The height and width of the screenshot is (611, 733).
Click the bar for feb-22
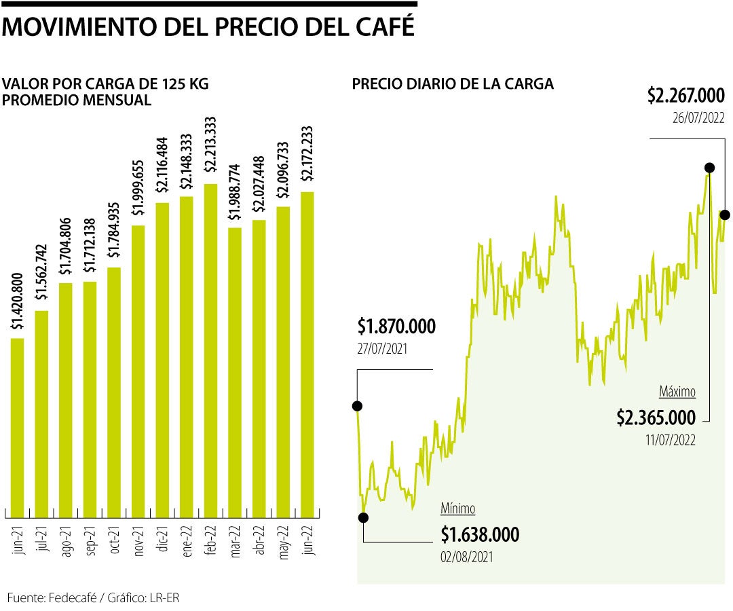tap(211, 350)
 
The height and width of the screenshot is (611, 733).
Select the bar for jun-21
tap(18, 427)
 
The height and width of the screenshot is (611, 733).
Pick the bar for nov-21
tap(138, 371)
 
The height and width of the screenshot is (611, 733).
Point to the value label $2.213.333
tap(211, 147)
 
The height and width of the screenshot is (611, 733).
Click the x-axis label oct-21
tap(114, 540)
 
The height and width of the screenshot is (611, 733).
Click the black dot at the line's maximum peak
tap(709, 167)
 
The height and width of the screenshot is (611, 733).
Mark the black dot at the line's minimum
tap(363, 517)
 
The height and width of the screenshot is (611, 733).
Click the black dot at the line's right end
tap(725, 215)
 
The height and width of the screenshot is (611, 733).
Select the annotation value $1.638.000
tap(480, 535)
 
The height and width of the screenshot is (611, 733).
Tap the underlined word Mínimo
tap(458, 508)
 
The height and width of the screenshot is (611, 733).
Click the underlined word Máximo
tap(677, 392)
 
